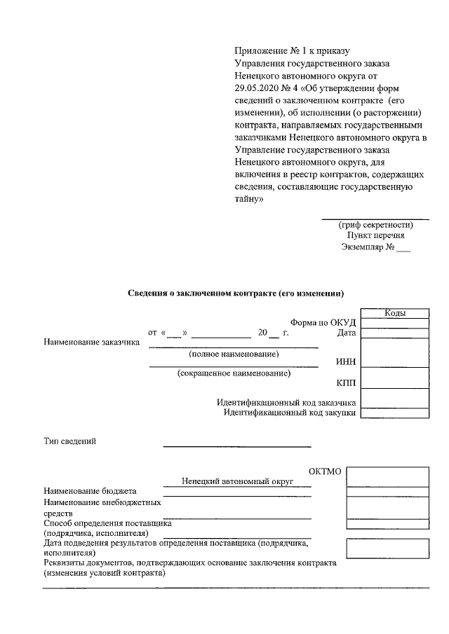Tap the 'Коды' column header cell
pos(395,313)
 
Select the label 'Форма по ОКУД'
pos(323,322)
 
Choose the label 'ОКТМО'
pos(325,471)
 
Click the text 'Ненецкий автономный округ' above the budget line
pos(236,481)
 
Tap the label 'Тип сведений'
pos(69,441)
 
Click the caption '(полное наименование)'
pos(234,354)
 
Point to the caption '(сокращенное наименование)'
pos(234,374)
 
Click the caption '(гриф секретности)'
pos(375,225)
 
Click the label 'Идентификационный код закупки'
pos(290,413)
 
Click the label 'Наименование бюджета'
pos(90,491)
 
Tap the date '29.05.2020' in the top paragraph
pos(258,88)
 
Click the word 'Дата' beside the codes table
pos(347,333)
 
